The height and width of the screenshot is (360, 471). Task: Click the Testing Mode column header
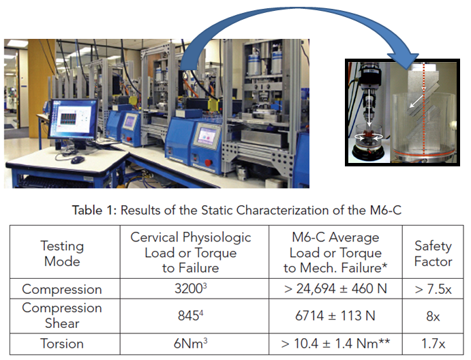pyautogui.click(x=62, y=254)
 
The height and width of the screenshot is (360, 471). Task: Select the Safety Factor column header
pyautogui.click(x=433, y=254)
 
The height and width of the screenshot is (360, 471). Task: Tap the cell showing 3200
pyautogui.click(x=190, y=288)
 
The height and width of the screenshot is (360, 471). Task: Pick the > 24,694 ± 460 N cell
pyautogui.click(x=335, y=288)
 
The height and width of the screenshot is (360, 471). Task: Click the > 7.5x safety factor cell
pyautogui.click(x=433, y=289)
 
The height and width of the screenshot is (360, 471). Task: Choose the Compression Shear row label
pyautogui.click(x=62, y=315)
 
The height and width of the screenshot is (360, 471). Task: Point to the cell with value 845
pyautogui.click(x=190, y=316)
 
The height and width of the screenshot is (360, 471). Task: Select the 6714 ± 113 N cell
pyautogui.click(x=335, y=316)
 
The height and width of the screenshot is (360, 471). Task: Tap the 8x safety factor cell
pyautogui.click(x=433, y=316)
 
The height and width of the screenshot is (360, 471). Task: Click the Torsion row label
pyautogui.click(x=62, y=344)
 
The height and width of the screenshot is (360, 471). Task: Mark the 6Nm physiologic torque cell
pyautogui.click(x=190, y=343)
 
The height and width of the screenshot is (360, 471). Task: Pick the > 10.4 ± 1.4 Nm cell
pyautogui.click(x=335, y=343)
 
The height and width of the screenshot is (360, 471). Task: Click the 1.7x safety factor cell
pyautogui.click(x=433, y=344)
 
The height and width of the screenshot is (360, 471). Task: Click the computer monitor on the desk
pyautogui.click(x=74, y=119)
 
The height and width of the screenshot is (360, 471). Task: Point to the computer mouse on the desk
pyautogui.click(x=78, y=160)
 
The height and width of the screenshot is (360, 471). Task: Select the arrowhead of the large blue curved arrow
pyautogui.click(x=403, y=61)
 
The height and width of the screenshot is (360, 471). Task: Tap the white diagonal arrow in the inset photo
pyautogui.click(x=417, y=101)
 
